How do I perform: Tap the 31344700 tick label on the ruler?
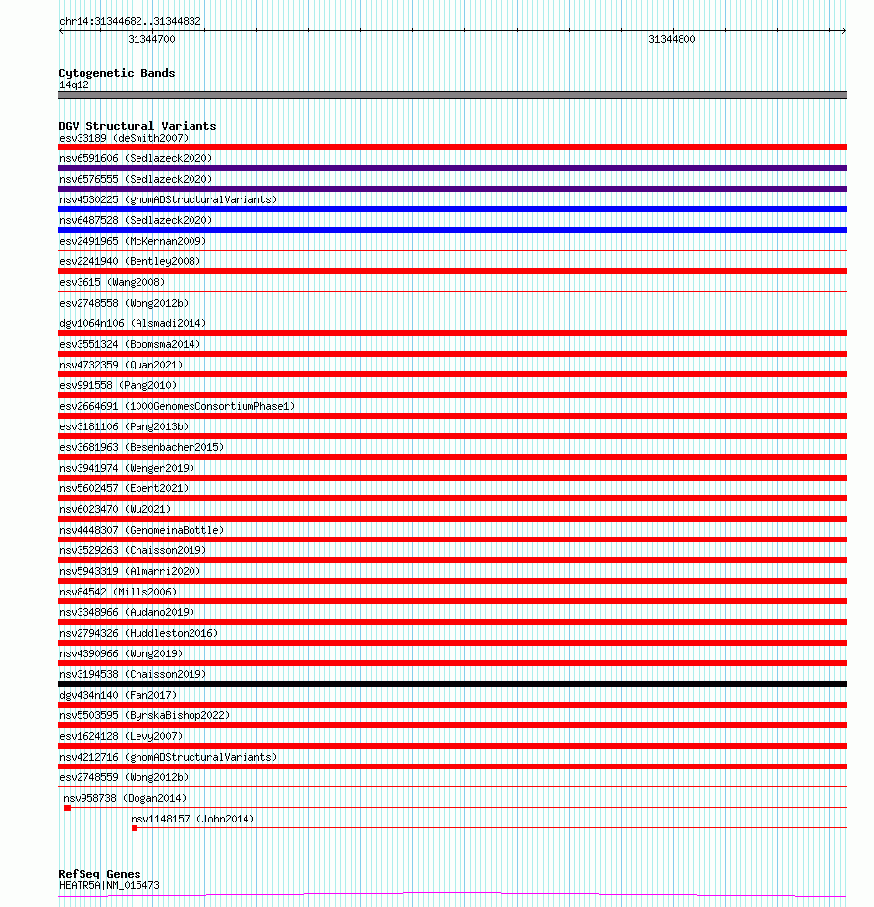coord(152,40)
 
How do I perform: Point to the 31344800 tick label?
coord(672,40)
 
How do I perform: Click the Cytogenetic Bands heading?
coord(117,73)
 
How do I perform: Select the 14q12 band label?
coord(74,85)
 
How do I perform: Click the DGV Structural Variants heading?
coord(137,126)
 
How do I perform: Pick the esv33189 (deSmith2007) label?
coord(124,138)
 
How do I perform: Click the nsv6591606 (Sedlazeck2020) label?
coord(136,158)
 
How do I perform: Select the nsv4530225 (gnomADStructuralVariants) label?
coord(168,199)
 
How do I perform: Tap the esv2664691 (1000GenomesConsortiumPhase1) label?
coord(177,406)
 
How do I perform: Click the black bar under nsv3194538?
coord(452,684)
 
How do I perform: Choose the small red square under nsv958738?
coord(67,808)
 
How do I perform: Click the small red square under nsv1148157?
coord(135,828)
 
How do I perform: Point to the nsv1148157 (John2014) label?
coord(192,819)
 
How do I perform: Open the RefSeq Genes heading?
coord(99,874)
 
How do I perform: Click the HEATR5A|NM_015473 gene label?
coord(109,885)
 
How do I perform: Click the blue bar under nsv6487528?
coord(452,230)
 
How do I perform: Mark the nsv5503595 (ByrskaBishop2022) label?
coord(144,715)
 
